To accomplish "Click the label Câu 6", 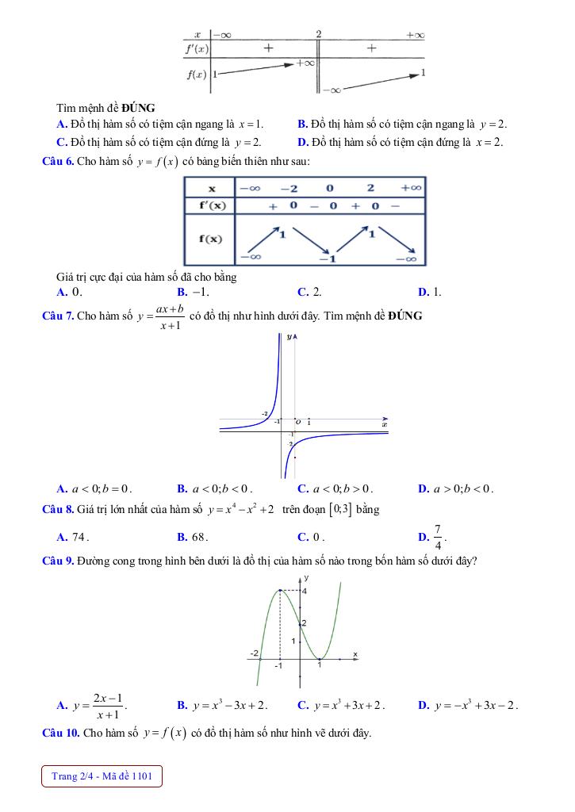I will tap(57, 161).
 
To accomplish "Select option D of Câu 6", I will tap(432, 292).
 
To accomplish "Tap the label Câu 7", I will tap(57, 316).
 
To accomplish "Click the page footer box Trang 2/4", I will tap(102, 776).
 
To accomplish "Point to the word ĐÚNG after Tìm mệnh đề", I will tap(138, 107).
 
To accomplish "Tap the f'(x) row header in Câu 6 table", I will tap(210, 205).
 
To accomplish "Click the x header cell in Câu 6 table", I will tap(211, 188).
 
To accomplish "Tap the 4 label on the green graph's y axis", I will tap(304, 592).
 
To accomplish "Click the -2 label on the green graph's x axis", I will tap(255, 653).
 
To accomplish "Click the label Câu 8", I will tap(57, 509).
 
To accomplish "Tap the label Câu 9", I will tap(57, 561).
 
